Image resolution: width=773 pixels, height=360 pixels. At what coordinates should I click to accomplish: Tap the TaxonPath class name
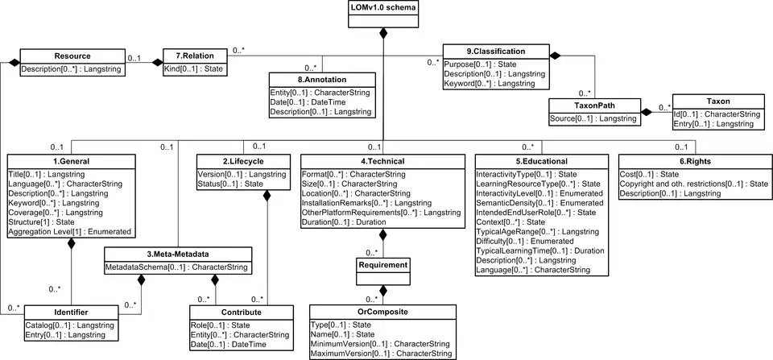594,106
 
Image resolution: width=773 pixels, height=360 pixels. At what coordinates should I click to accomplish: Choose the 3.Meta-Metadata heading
178,254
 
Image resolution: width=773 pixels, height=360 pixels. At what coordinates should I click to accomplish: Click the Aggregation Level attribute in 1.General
70,231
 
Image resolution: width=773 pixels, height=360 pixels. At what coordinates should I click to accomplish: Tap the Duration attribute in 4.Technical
344,222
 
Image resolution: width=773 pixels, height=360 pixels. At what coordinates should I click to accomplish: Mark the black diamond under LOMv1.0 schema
383,34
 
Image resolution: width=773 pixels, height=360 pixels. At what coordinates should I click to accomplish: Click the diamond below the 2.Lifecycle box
267,196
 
